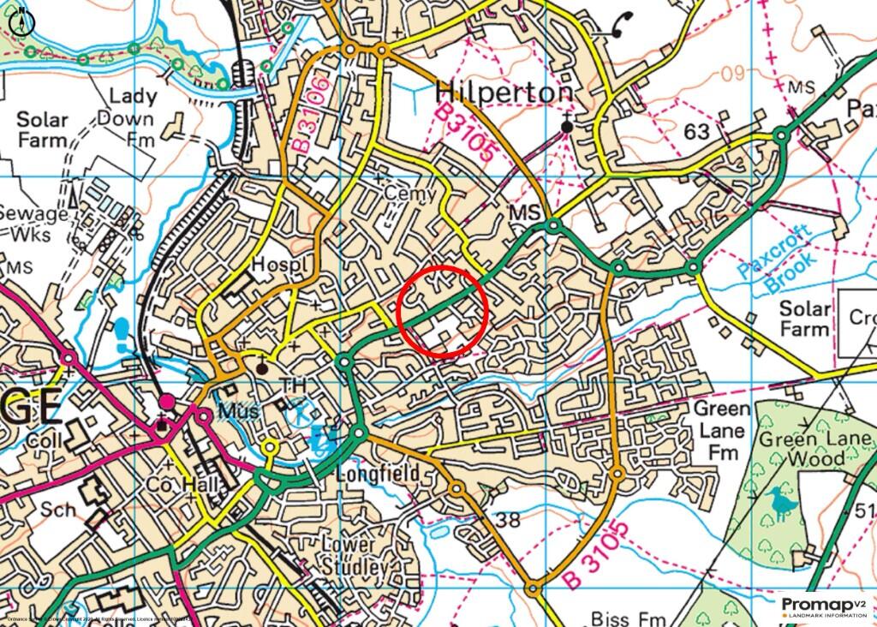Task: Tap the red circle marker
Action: point(444,311)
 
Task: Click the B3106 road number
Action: point(309,116)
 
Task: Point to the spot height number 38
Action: point(508,519)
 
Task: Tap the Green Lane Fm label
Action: point(721,430)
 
